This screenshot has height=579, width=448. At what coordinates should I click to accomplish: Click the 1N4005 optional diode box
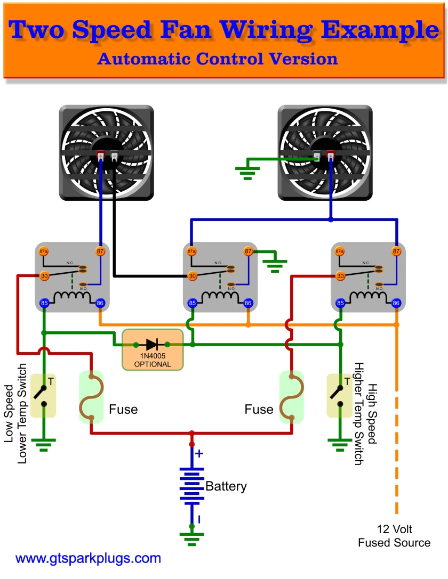153,349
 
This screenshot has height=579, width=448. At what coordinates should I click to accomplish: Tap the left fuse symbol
91,397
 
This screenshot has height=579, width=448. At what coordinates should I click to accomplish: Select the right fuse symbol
292,397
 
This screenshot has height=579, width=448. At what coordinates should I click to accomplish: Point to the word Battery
226,486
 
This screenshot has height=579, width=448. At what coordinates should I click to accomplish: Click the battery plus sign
199,454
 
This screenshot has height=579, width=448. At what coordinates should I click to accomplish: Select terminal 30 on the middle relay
193,276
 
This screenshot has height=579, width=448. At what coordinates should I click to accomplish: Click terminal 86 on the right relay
396,303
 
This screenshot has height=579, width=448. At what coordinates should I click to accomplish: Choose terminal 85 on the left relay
44,303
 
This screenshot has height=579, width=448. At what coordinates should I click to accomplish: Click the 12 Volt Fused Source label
394,536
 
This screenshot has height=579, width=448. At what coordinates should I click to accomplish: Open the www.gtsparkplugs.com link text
88,559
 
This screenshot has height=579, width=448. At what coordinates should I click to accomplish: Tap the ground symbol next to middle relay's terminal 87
275,264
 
